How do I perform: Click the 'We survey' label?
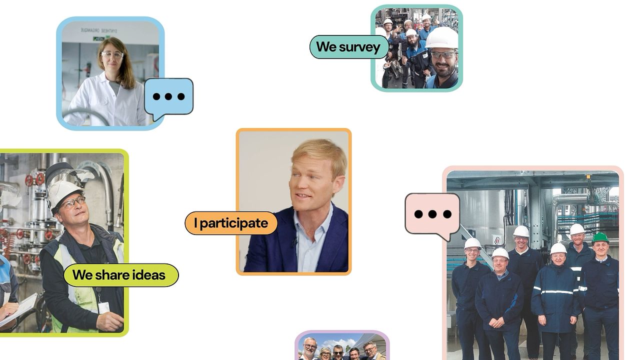click(349, 47)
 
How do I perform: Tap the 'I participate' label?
click(231, 223)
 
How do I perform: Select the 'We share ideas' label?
click(121, 275)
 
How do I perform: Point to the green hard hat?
click(600, 237)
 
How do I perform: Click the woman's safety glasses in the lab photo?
click(112, 55)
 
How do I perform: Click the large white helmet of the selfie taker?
click(442, 37)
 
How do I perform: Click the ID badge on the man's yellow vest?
click(103, 307)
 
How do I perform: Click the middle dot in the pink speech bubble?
click(432, 214)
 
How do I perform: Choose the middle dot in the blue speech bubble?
click(168, 96)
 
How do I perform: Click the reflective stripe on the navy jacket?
click(557, 291)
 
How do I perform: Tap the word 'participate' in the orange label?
click(233, 223)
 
